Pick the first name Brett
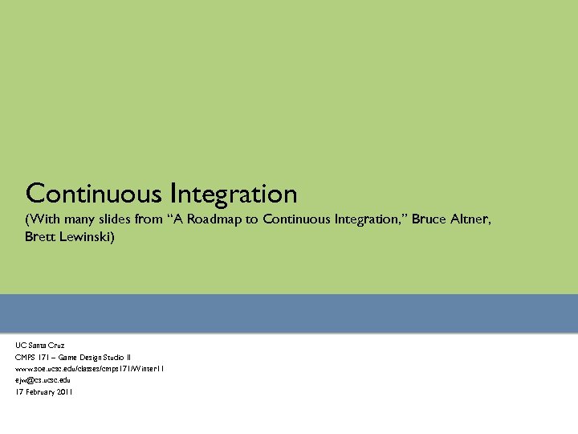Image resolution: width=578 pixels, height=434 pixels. point(40,237)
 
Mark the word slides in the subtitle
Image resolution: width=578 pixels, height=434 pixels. point(113,219)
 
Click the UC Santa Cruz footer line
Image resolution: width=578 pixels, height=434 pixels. point(39,345)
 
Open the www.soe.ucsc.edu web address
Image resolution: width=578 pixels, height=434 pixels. point(89,369)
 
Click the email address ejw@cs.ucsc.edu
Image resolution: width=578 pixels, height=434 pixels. point(43,380)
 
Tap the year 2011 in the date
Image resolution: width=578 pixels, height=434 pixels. point(64,392)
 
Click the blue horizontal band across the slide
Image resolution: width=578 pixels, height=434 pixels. point(289,313)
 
